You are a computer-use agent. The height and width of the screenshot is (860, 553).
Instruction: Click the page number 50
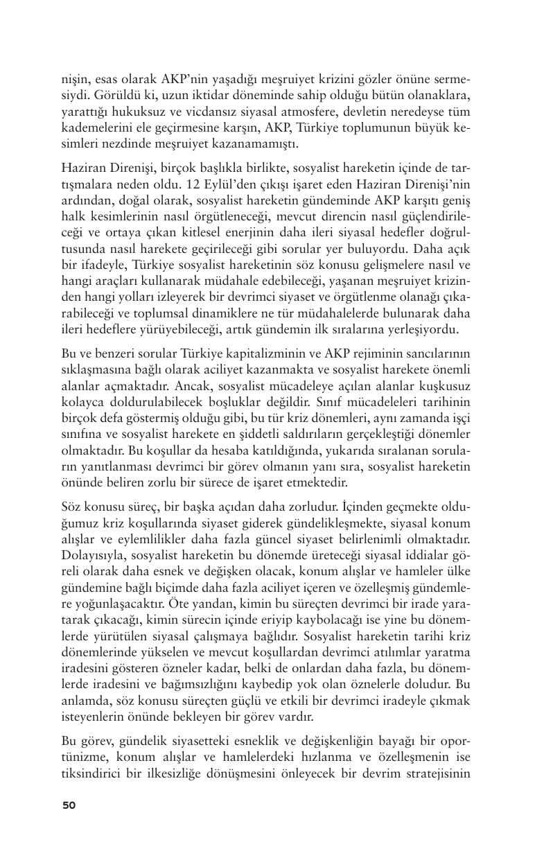69,805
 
